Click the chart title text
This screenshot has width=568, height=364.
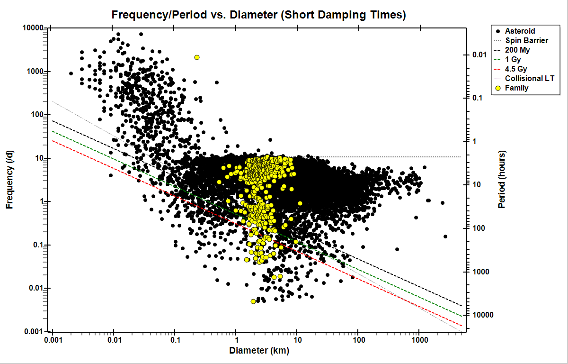[x=258, y=15]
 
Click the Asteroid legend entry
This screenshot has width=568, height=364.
[x=520, y=31]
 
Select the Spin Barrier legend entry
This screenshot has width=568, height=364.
[x=526, y=41]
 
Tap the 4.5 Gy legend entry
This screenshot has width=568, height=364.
[x=516, y=69]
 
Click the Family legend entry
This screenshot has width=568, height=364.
[x=517, y=88]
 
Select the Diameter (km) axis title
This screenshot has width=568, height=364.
[x=259, y=351]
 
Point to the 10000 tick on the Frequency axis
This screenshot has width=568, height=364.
[x=34, y=28]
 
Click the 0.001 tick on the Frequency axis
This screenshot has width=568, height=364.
[x=35, y=331]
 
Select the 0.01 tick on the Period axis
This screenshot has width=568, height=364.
[x=479, y=55]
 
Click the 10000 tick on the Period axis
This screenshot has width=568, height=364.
[x=481, y=315]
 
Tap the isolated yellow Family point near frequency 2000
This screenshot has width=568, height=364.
[x=197, y=57]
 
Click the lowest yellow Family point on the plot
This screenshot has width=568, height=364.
[x=253, y=301]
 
